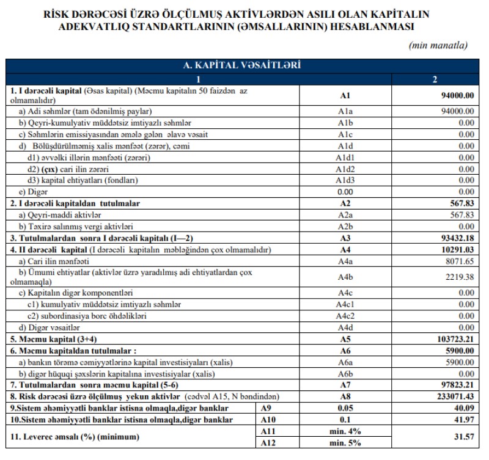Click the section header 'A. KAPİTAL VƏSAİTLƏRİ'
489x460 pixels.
coord(244,64)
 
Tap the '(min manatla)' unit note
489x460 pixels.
coord(437,46)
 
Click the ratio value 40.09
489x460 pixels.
coord(464,407)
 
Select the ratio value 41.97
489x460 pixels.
coord(464,420)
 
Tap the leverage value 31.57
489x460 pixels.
coord(464,436)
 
